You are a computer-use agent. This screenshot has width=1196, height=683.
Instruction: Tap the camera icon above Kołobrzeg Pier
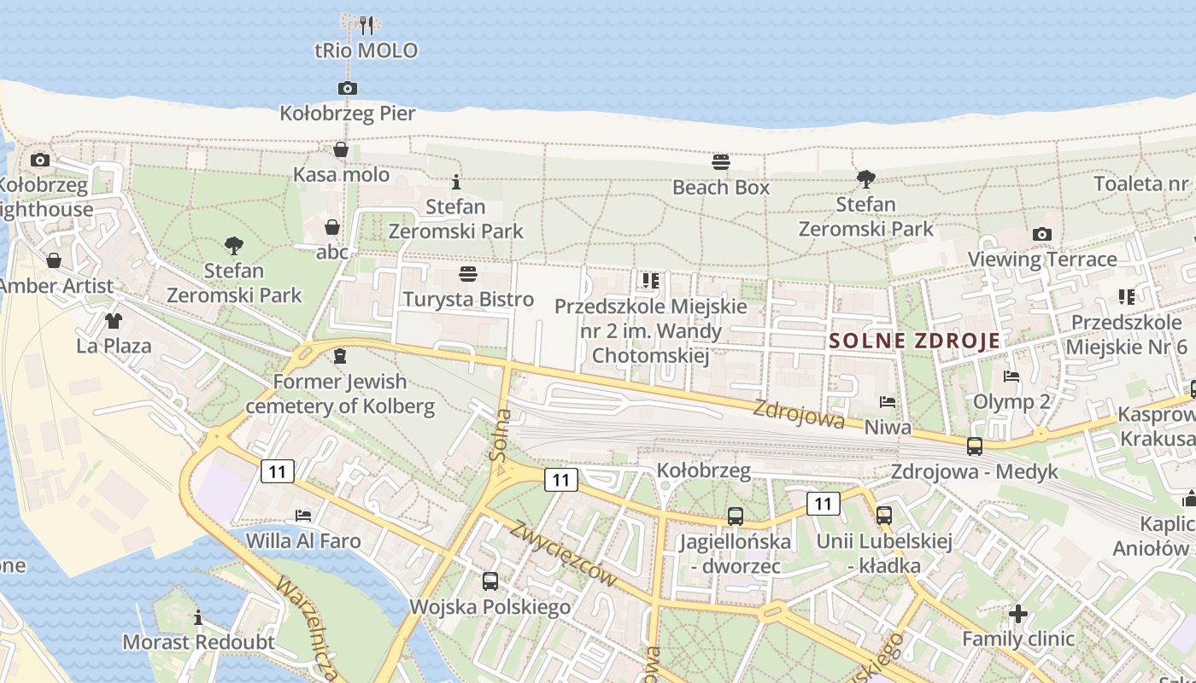[x=347, y=88]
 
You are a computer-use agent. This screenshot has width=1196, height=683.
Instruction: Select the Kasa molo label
[x=341, y=175]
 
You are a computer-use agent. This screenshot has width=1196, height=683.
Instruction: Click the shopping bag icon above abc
[x=332, y=227]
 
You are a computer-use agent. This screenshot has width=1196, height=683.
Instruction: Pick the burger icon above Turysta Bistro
[x=467, y=274]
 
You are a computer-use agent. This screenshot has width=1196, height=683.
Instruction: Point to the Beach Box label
[x=721, y=187]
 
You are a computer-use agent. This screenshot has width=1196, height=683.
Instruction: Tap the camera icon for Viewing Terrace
[x=1041, y=234]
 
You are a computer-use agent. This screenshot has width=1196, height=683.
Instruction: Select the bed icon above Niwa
[x=888, y=402]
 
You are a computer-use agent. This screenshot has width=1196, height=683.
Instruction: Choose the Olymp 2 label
[x=1012, y=401]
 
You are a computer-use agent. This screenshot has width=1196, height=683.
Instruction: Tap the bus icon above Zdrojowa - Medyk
[x=974, y=446]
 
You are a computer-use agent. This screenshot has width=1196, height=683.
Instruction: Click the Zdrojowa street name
[x=799, y=414]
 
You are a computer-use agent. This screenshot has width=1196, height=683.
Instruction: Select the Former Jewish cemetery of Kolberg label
[x=340, y=394]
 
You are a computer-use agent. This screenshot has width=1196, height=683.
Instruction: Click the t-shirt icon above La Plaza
[x=113, y=321]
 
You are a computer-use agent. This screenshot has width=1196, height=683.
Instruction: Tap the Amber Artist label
[x=56, y=286]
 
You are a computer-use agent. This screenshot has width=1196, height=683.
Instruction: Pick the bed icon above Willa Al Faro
[x=303, y=516]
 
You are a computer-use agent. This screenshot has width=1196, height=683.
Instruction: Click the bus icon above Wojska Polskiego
[x=490, y=581]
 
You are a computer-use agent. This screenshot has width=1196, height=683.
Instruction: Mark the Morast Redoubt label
[x=199, y=642]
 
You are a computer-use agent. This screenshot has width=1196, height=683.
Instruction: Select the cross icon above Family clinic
[x=1017, y=613]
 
